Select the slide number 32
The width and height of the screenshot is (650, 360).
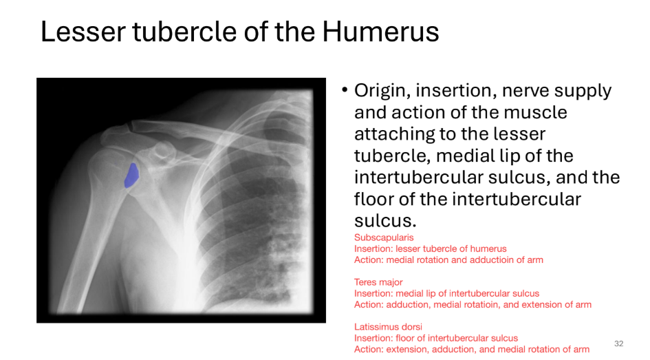coord(618,343)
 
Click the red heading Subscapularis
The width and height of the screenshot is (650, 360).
coord(384,237)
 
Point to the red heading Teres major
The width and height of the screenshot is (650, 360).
coord(378,282)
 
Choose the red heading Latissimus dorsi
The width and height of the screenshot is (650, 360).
coord(388,327)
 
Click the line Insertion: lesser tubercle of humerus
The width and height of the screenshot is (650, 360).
coord(430,248)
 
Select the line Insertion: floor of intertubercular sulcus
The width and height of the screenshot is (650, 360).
coord(435,338)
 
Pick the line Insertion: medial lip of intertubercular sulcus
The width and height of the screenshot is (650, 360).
coord(446,293)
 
